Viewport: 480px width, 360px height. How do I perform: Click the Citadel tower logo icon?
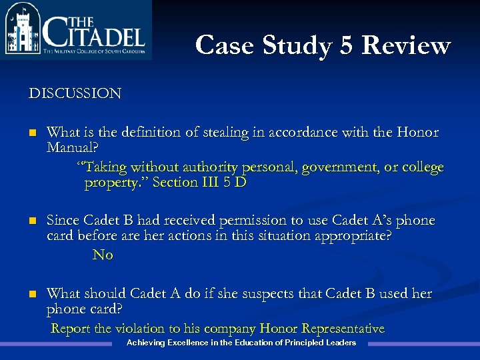[x=22, y=30]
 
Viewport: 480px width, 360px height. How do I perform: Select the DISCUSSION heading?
[x=75, y=93]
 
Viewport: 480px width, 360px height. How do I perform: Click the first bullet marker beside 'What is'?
[x=33, y=133]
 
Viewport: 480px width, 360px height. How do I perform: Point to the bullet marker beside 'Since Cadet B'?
[x=33, y=221]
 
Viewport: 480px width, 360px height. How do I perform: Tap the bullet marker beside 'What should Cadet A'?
[x=33, y=295]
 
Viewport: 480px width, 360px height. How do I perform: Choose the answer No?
[x=103, y=255]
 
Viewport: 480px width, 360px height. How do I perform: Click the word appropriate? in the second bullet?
[x=348, y=235]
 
